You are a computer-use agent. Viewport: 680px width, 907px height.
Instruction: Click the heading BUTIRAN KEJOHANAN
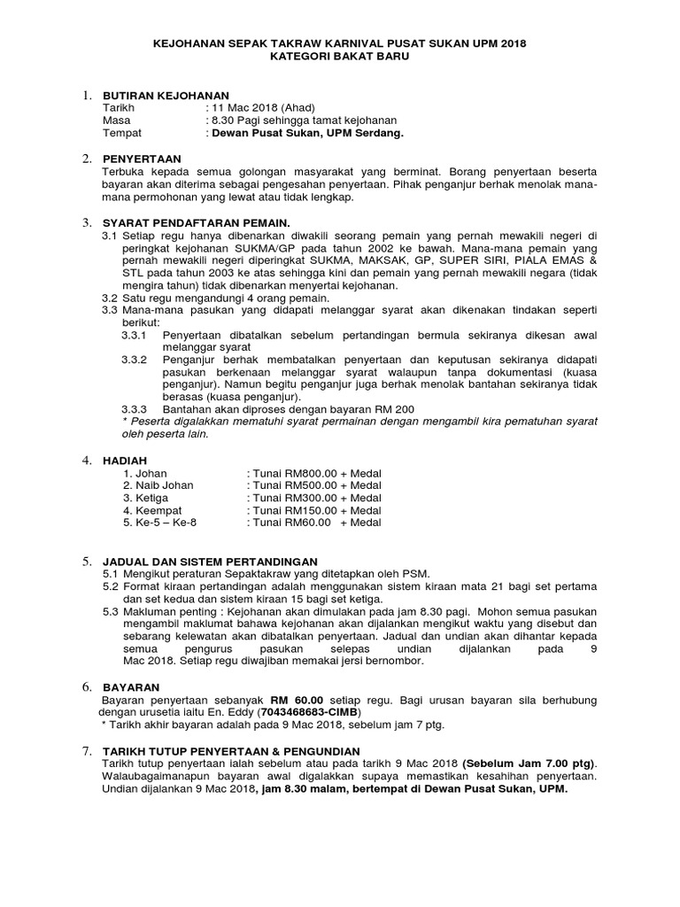pos(166,95)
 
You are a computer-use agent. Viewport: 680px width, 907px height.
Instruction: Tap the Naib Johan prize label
pos(158,485)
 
